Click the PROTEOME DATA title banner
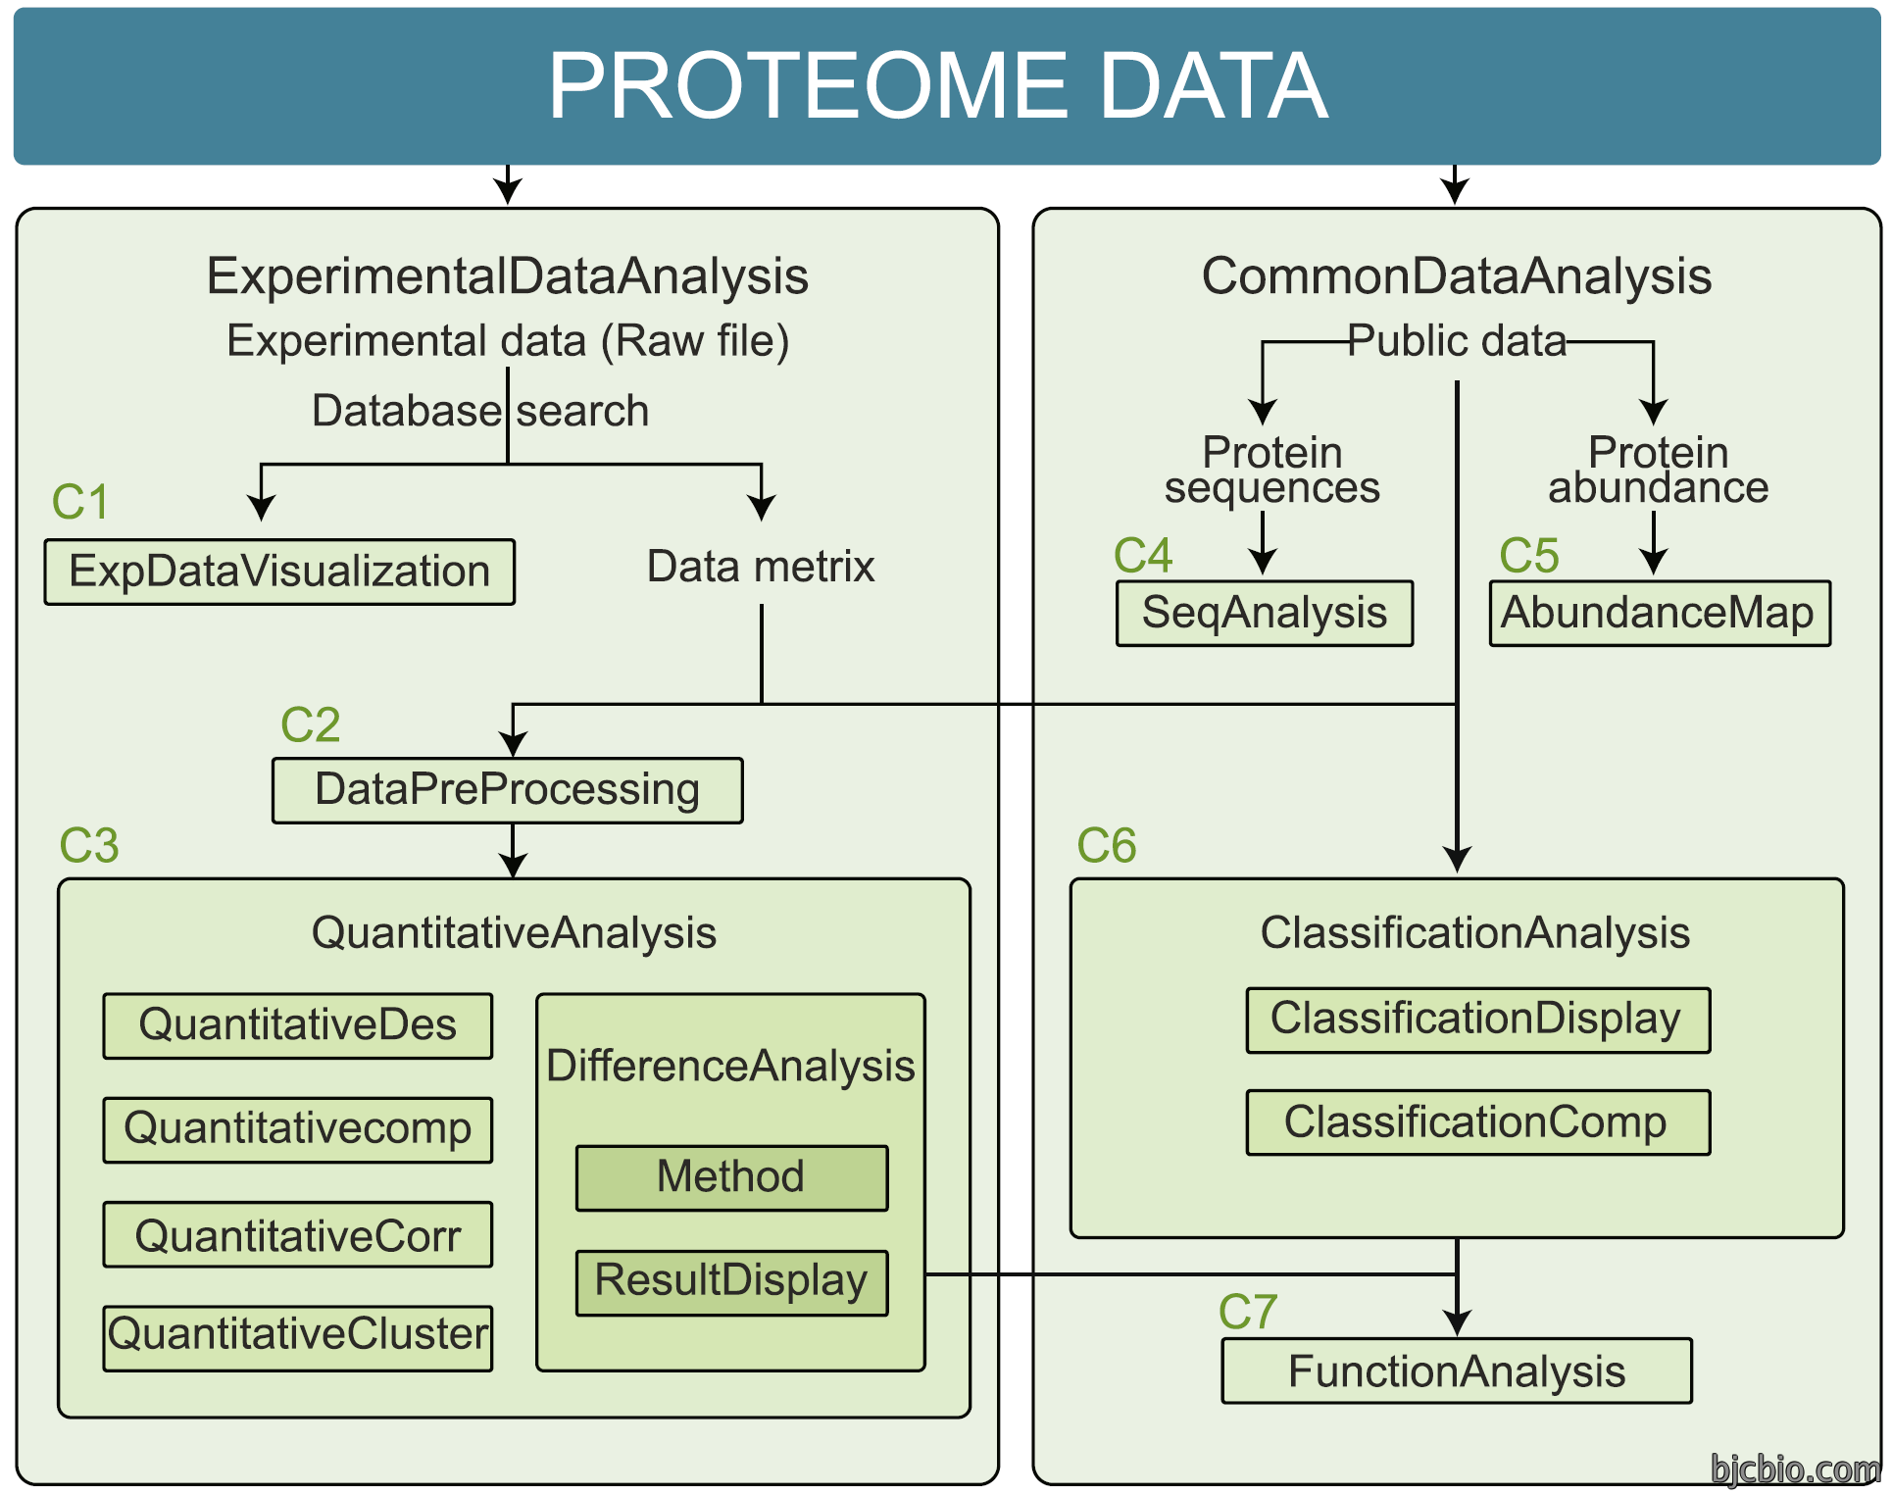pyautogui.click(x=946, y=86)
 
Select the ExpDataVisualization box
pyautogui.click(x=279, y=572)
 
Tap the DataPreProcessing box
pyautogui.click(x=508, y=790)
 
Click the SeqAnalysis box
pyautogui.click(x=1265, y=613)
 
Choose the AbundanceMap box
pyautogui.click(x=1660, y=613)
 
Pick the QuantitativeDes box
pyautogui.click(x=298, y=1025)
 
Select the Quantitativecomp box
pyautogui.click(x=298, y=1129)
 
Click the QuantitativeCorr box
pyautogui.click(x=298, y=1234)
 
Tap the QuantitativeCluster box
pyautogui.click(x=298, y=1337)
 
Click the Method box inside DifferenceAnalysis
pyautogui.click(x=731, y=1177)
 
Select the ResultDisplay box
pyautogui.click(x=731, y=1282)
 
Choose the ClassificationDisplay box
pyautogui.click(x=1477, y=1021)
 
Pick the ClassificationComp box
pyautogui.click(x=1477, y=1122)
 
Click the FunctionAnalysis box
pyautogui.click(x=1457, y=1370)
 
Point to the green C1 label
pyautogui.click(x=80, y=502)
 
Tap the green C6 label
pyautogui.click(x=1107, y=845)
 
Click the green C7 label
pyautogui.click(x=1248, y=1312)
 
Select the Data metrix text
pyautogui.click(x=761, y=567)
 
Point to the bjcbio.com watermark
pyautogui.click(x=1795, y=1470)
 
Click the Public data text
pyautogui.click(x=1457, y=341)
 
